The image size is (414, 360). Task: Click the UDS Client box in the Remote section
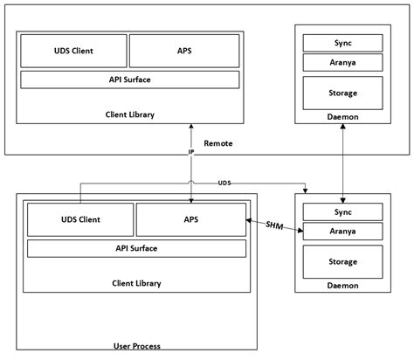(x=72, y=52)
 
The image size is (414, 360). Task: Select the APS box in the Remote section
(x=184, y=52)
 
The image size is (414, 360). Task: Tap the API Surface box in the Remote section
(x=129, y=80)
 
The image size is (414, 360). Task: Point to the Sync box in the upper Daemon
(x=342, y=43)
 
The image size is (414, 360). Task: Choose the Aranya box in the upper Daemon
(x=342, y=63)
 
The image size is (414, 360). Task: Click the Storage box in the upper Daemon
(x=342, y=91)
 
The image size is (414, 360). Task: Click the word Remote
(x=217, y=143)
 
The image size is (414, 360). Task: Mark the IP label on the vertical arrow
(x=191, y=152)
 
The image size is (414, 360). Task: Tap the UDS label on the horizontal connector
(x=224, y=183)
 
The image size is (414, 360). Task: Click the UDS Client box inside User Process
(x=80, y=219)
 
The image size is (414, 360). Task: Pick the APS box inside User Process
(x=190, y=219)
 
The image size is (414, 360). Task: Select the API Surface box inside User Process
(x=136, y=248)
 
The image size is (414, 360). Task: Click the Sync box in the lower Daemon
(x=342, y=211)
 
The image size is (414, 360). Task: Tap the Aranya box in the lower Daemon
(x=342, y=232)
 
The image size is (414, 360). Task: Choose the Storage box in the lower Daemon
(x=342, y=261)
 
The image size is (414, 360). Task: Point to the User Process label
(x=137, y=345)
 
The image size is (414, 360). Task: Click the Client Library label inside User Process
(x=137, y=283)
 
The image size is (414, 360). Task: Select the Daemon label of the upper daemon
(x=342, y=117)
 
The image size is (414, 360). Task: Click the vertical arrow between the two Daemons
(x=342, y=162)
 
